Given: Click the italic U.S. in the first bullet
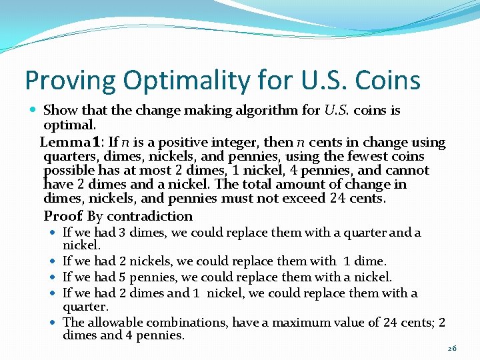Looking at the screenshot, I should [340, 110].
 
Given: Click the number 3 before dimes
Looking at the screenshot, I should [121, 233].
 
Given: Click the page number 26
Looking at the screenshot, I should [452, 348].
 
